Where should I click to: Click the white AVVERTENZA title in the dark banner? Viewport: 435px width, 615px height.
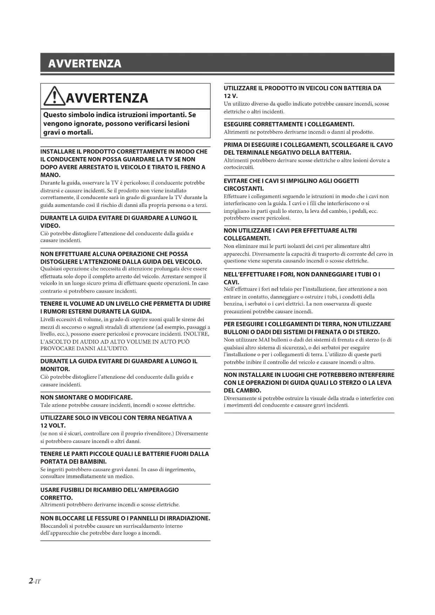click(85, 63)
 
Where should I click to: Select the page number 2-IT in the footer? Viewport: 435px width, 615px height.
click(35, 581)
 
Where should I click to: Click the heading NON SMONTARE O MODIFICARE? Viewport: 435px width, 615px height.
click(86, 397)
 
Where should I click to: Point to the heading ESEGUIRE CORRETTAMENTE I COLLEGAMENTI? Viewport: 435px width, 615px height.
click(289, 124)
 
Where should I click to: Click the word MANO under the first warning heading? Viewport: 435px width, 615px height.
click(50, 175)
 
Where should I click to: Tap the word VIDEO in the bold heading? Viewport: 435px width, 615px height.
click(50, 225)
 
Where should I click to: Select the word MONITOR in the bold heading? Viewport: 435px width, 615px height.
click(55, 369)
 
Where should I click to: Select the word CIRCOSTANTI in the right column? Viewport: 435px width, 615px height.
click(243, 189)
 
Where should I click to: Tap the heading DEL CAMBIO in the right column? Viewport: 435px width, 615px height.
click(242, 390)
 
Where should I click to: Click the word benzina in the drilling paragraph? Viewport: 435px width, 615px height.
click(232, 304)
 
